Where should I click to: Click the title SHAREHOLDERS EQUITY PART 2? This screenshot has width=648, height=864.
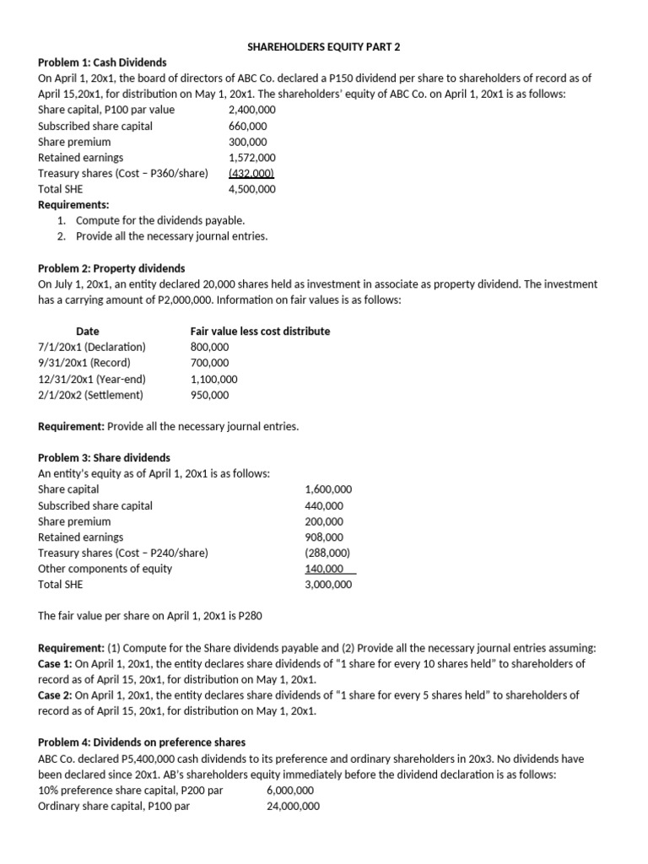323,46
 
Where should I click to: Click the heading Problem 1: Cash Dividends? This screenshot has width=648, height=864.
102,62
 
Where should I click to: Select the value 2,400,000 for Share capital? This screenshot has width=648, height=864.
251,110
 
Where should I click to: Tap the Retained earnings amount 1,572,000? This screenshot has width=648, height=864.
251,157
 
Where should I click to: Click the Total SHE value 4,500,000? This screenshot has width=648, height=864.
251,189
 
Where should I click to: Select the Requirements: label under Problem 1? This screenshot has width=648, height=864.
73,204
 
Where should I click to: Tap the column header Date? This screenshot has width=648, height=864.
88,331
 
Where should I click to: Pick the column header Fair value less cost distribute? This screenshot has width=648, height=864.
260,331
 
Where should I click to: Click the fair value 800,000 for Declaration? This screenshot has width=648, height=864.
209,347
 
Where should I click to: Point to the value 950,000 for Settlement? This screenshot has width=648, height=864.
209,395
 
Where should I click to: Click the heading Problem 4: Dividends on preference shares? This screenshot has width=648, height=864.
142,742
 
